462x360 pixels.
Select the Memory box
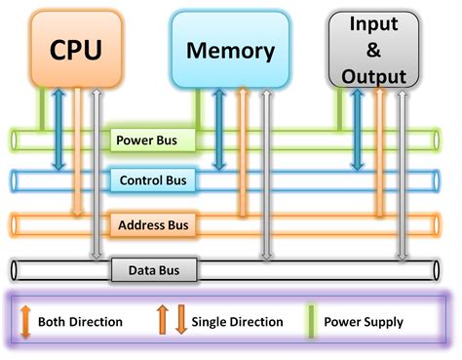(230, 50)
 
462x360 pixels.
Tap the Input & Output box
(374, 49)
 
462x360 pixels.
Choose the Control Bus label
(153, 180)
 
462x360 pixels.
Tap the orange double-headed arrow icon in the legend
(25, 320)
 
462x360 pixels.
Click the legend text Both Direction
(80, 321)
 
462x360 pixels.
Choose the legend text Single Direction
(237, 321)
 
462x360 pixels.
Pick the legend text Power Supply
(365, 321)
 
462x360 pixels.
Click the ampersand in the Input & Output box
(374, 49)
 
